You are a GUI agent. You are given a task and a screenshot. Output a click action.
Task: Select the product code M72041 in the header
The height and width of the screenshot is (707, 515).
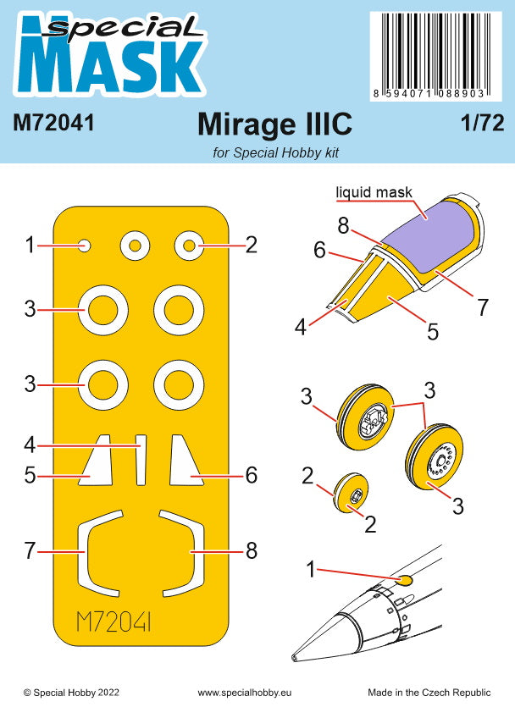tap(53, 124)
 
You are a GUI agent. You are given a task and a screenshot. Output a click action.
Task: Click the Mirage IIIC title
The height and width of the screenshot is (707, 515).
tap(274, 124)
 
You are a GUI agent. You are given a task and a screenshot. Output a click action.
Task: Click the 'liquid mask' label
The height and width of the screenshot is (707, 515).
tap(374, 192)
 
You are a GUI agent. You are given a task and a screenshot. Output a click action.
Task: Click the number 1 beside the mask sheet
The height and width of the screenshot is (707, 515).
tap(30, 246)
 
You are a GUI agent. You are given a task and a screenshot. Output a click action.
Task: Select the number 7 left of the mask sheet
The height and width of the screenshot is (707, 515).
tap(30, 550)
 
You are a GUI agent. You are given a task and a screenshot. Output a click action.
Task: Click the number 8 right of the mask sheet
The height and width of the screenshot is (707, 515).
tap(251, 550)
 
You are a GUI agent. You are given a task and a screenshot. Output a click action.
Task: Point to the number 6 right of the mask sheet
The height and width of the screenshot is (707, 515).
tap(251, 475)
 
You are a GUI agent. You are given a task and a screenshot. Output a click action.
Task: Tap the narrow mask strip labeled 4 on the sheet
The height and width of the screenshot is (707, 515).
tap(141, 459)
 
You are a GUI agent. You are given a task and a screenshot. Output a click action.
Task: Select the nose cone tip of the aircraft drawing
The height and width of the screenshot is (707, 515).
tap(295, 656)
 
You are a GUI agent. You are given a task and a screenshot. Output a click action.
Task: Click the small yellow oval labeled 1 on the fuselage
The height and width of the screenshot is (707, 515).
tap(404, 580)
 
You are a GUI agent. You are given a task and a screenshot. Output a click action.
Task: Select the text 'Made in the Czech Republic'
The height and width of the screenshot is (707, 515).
tap(435, 693)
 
